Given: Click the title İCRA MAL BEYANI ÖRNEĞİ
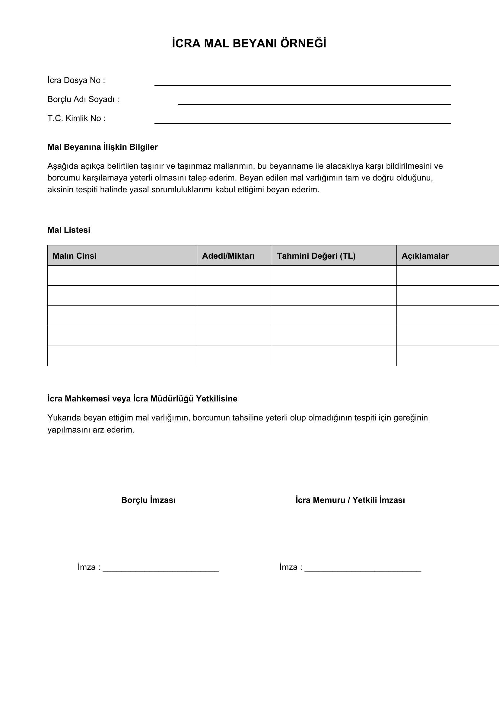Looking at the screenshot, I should (x=249, y=44).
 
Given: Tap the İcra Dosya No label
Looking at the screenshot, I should (x=76, y=81).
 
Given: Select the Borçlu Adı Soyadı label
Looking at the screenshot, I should (x=83, y=100).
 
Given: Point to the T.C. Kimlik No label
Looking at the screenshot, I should (x=76, y=119).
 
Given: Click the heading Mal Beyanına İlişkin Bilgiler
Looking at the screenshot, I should (x=102, y=147).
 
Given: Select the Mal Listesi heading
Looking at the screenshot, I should (x=69, y=230).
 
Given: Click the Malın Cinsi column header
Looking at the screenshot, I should (x=75, y=256).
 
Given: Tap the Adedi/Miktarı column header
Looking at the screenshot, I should (x=228, y=256).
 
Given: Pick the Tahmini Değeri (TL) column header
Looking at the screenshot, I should (x=316, y=256).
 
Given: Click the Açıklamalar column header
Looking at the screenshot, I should (x=425, y=256).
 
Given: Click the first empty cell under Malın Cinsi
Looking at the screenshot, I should (x=122, y=276).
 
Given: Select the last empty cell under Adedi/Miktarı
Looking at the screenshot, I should (x=234, y=356).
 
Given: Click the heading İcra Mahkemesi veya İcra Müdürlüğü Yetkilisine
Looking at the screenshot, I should (x=142, y=399).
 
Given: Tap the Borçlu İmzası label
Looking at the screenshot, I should (x=148, y=500).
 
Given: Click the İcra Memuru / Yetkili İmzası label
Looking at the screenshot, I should (x=350, y=500).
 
